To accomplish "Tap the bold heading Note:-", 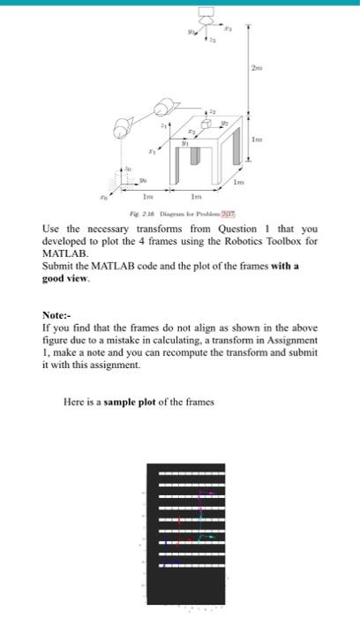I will (59, 315).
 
